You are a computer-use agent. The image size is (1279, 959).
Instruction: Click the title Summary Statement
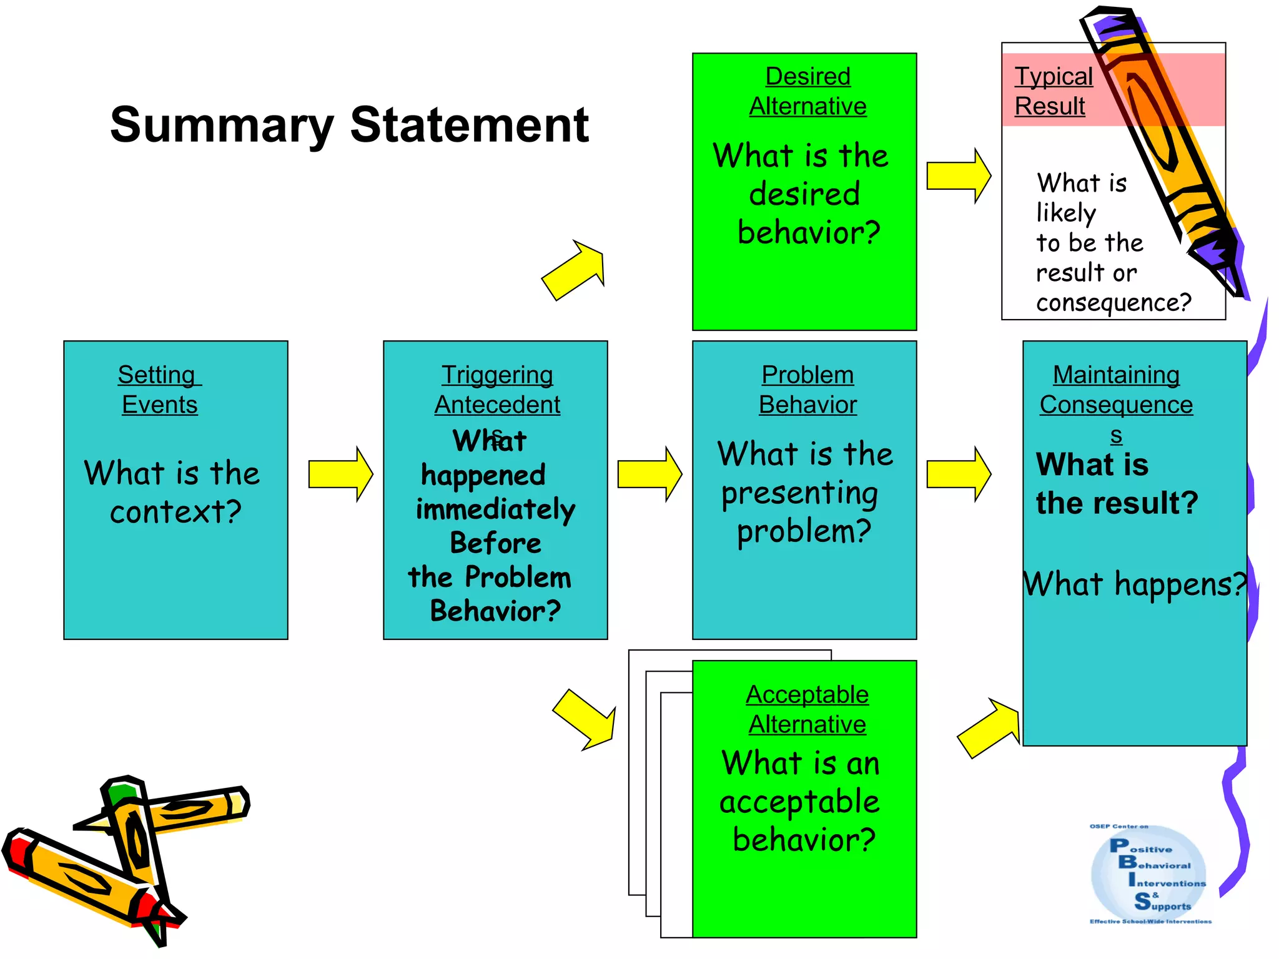[349, 125]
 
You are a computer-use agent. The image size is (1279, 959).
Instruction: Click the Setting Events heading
[159, 390]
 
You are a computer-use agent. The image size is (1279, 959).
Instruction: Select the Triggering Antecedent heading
[497, 390]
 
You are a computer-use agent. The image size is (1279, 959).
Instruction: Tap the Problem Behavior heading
[807, 390]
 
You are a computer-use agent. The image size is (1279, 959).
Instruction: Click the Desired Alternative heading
[807, 91]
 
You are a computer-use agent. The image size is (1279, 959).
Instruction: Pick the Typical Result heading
[1054, 91]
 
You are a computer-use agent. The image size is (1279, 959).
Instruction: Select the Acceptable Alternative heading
[807, 709]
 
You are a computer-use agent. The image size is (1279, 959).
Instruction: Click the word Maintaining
[1116, 375]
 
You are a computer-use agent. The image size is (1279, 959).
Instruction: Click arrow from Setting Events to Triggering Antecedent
[340, 475]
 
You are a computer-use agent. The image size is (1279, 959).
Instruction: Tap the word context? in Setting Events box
[175, 512]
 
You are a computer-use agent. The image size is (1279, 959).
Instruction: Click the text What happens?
[1133, 585]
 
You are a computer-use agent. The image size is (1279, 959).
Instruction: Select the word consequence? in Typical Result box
[1114, 303]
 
